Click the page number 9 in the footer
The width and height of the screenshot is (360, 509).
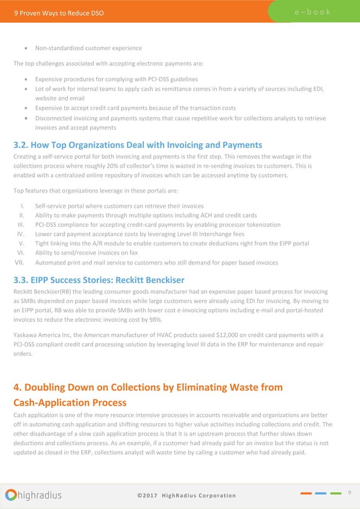[350, 493]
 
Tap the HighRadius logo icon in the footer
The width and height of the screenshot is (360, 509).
[11, 495]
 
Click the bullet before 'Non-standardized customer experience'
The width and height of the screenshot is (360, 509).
[27, 47]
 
